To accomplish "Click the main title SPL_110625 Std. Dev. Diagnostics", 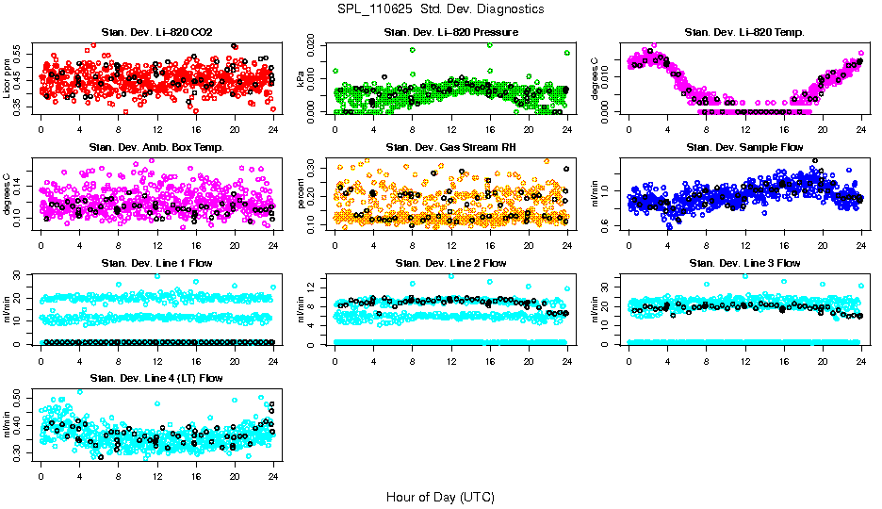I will coord(440,9).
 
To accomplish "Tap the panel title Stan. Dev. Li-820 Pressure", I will coord(450,33).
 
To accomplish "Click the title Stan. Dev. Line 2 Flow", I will coord(450,263).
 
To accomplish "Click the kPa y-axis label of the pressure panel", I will coord(302,78).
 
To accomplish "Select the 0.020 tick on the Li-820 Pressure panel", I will coord(317,45).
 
